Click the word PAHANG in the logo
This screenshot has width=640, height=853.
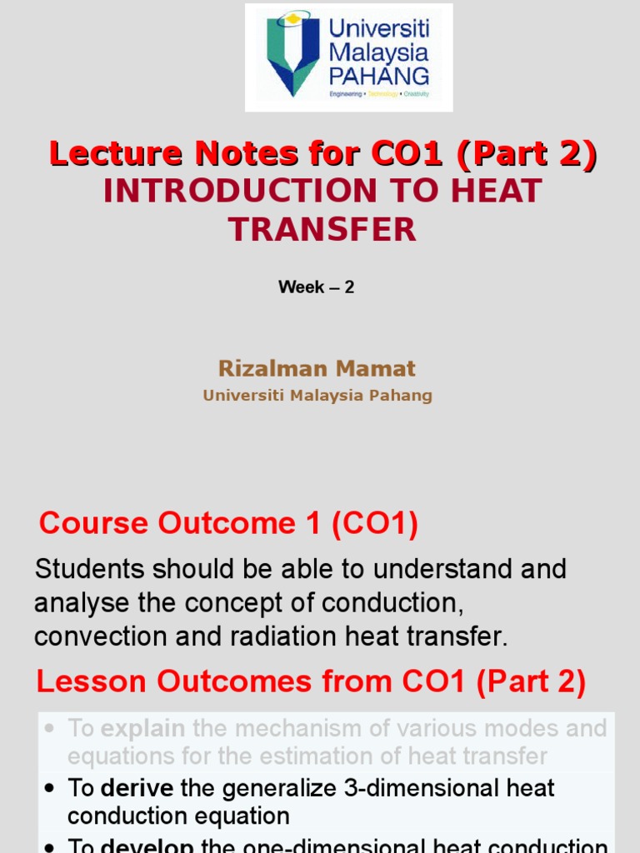(x=379, y=77)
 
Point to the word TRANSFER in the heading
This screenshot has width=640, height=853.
(x=322, y=229)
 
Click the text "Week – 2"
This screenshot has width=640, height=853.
(x=317, y=287)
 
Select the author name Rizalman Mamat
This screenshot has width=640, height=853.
(x=317, y=368)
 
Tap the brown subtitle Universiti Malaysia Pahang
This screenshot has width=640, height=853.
(x=317, y=396)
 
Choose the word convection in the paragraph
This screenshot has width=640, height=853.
(x=100, y=637)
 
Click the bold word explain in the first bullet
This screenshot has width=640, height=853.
(x=142, y=729)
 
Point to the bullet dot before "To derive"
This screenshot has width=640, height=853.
(x=51, y=789)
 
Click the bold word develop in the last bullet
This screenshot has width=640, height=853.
(x=147, y=846)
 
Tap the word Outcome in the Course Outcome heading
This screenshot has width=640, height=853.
(x=226, y=523)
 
